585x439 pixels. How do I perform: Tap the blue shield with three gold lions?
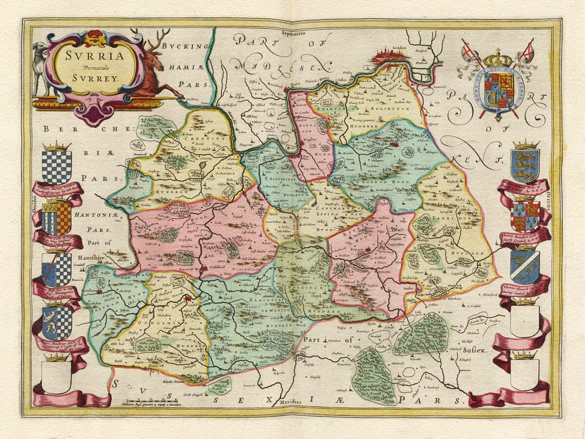[x=525, y=165]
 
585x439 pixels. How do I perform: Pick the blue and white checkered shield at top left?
[x=57, y=166]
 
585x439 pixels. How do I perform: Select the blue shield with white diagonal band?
[x=525, y=266]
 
